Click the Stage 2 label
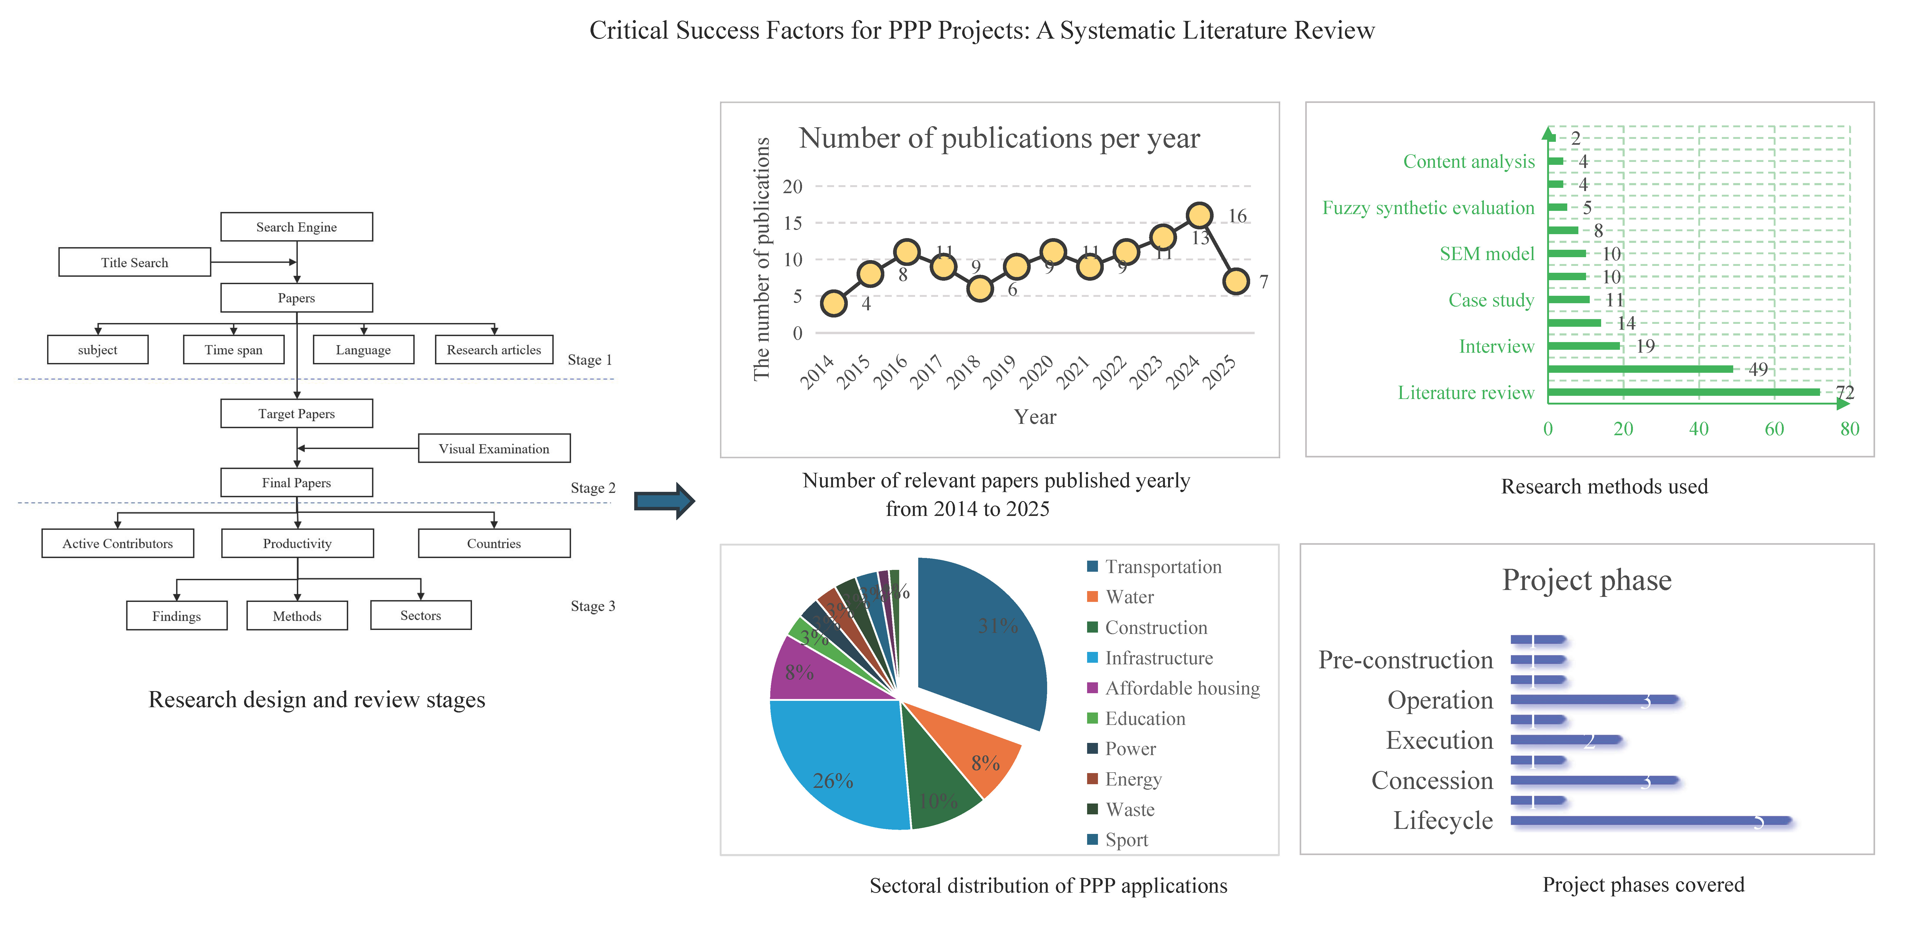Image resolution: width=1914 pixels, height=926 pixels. coord(592,488)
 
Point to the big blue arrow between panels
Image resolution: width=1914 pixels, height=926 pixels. coord(664,501)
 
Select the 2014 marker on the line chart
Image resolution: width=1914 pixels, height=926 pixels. coord(834,303)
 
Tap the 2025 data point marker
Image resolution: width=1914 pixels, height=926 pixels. coord(1236,282)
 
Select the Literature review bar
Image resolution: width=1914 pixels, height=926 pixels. coord(1683,392)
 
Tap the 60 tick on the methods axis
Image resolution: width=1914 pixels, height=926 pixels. coord(1773,428)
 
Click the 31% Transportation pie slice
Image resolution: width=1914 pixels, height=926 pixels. coord(981,639)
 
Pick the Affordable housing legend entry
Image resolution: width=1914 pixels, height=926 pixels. coord(1181,688)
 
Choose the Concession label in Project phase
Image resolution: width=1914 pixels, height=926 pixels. coord(1432,780)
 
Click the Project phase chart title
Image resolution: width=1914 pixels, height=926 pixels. coord(1586,580)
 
